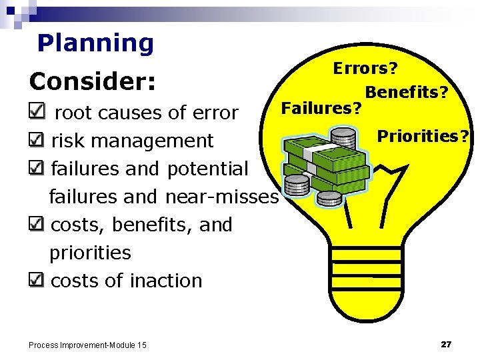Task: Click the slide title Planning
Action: (95, 43)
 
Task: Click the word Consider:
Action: (93, 81)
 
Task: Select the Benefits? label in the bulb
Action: (406, 92)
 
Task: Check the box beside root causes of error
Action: (39, 112)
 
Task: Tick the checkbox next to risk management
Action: (39, 140)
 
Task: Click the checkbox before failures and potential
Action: (39, 168)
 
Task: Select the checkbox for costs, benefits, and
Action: (39, 224)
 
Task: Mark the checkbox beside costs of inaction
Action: (39, 280)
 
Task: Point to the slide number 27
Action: (446, 344)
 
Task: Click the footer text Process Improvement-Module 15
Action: (87, 345)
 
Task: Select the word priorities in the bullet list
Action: (90, 253)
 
